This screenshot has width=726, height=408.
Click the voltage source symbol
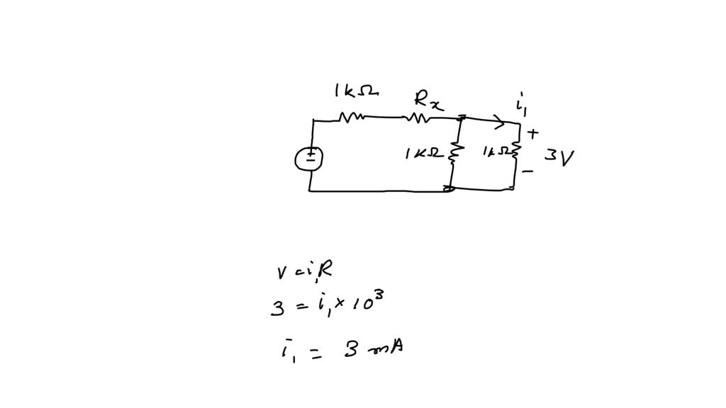point(310,158)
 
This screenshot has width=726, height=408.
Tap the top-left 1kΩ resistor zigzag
point(352,118)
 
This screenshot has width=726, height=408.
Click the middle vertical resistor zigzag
point(456,152)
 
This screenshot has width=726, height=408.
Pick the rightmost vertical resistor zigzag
point(515,151)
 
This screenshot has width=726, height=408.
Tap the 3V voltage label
point(559,157)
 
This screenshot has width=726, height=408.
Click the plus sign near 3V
point(533,132)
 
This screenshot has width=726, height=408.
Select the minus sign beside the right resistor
point(528,171)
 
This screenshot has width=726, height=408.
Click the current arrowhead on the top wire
point(501,123)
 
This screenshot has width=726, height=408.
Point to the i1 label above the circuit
point(522,106)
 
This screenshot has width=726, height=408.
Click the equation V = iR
point(303,271)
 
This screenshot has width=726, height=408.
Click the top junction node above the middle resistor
point(462,118)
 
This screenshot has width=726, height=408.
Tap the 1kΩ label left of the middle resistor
point(424,153)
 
